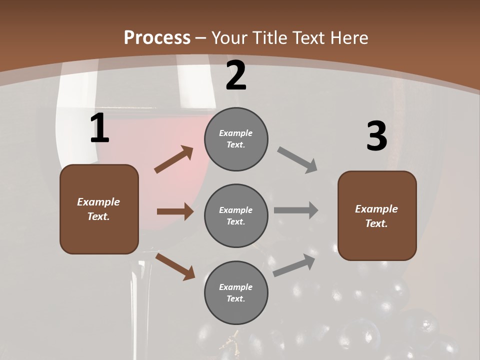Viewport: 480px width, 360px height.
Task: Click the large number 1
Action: [99, 128]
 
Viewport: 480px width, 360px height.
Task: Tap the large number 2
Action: [236, 76]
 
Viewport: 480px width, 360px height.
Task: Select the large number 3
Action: [376, 136]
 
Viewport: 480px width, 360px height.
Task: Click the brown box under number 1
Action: [99, 209]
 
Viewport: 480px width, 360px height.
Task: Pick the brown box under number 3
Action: [377, 216]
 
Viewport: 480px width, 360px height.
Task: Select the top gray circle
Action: [236, 139]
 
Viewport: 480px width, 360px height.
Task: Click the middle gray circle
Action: [236, 216]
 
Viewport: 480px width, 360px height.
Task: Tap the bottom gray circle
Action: [236, 293]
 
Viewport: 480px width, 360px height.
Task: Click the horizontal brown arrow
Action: [175, 211]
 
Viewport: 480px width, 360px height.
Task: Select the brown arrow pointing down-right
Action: [175, 266]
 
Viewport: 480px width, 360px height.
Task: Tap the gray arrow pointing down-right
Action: [297, 160]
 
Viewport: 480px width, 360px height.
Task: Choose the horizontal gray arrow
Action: [296, 210]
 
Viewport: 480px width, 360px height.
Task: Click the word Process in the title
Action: [157, 37]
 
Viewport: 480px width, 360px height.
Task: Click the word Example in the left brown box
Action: [98, 202]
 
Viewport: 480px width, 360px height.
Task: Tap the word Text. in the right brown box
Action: [376, 223]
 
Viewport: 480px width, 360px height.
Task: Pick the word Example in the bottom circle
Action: [236, 287]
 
